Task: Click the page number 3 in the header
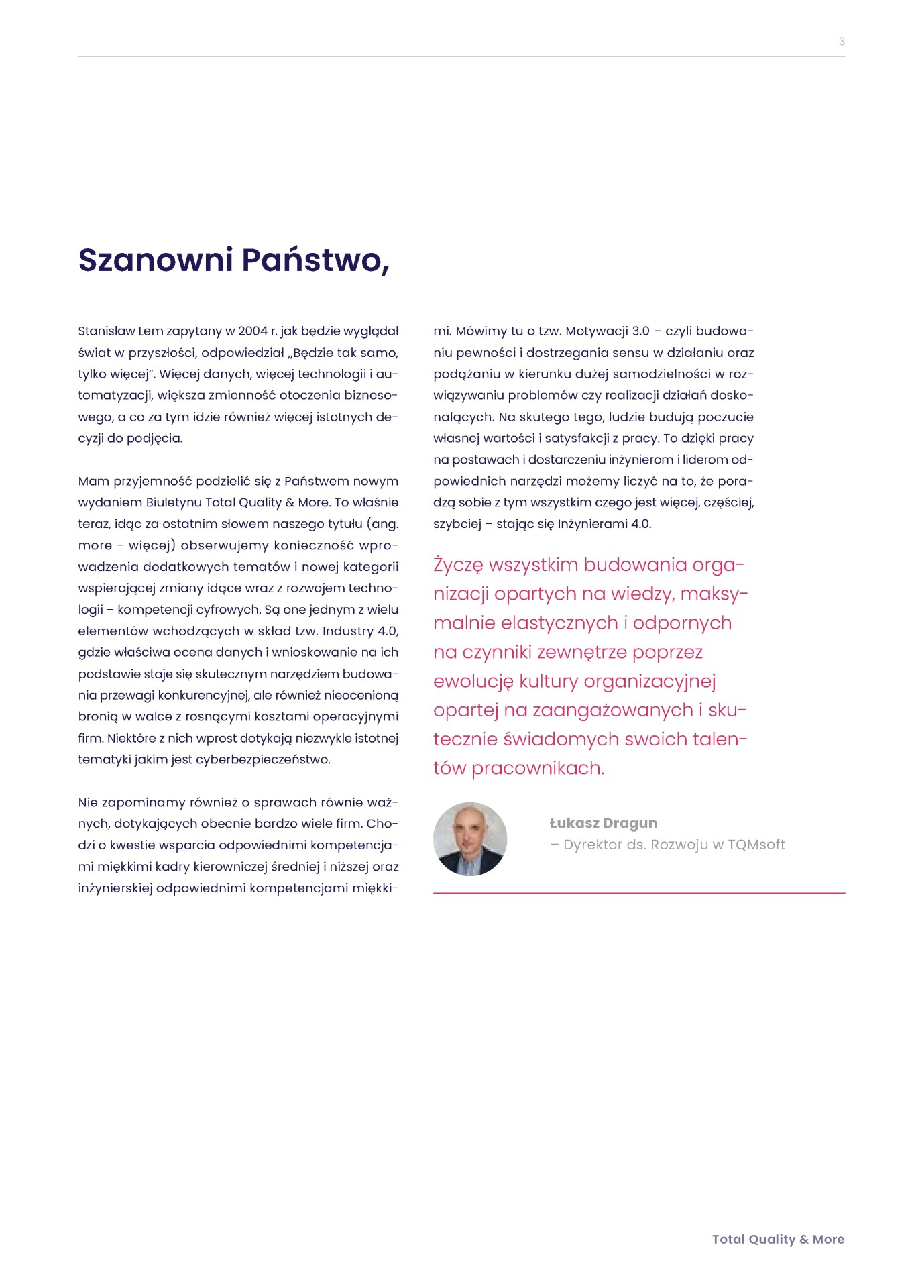click(x=842, y=42)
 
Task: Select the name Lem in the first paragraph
click(x=150, y=331)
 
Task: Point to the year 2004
click(x=253, y=331)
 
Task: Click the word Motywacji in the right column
click(x=596, y=331)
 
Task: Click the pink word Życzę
click(x=458, y=566)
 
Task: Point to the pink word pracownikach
click(x=538, y=769)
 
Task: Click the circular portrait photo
click(x=470, y=839)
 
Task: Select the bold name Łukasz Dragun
click(x=603, y=824)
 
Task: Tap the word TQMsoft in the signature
click(x=756, y=845)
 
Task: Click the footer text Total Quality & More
click(x=778, y=1240)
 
